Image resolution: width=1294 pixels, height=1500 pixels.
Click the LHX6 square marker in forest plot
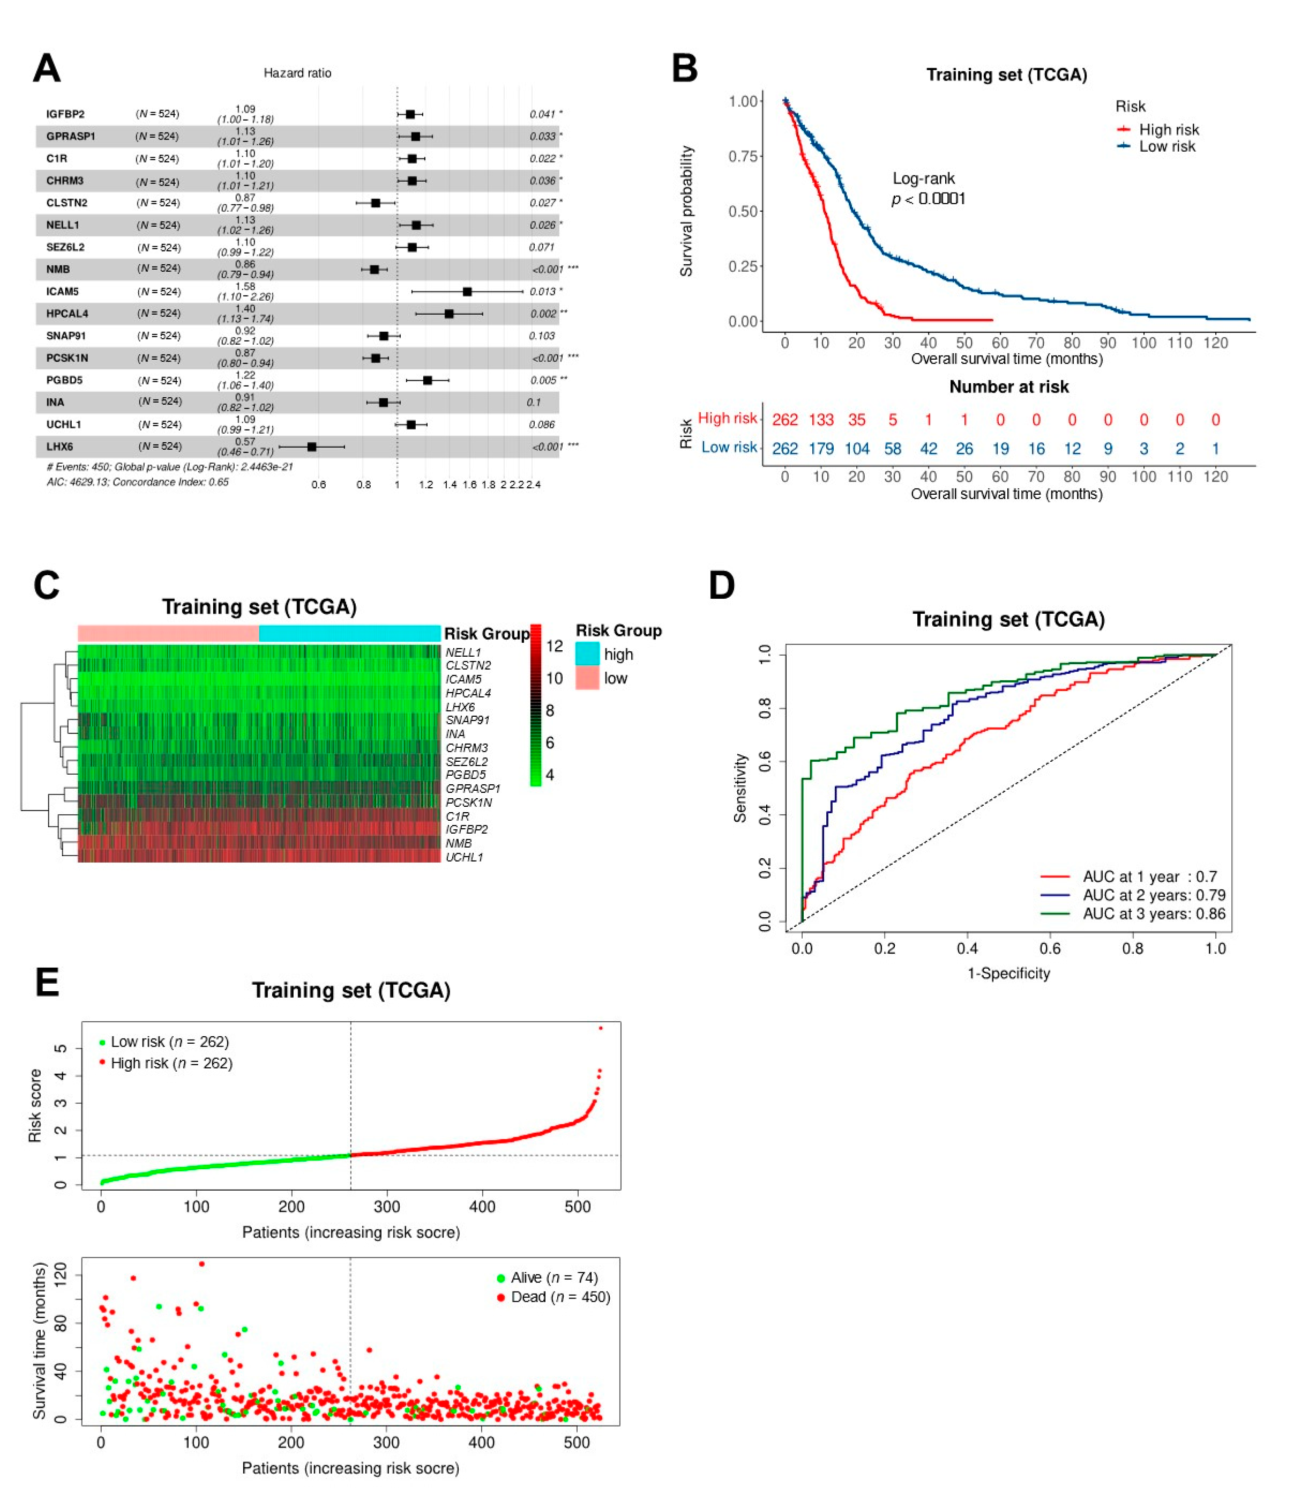[312, 447]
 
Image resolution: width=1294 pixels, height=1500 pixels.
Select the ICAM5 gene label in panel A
[62, 292]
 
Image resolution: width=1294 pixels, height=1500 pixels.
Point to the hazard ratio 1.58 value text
[245, 287]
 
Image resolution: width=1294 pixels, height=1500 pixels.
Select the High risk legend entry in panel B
[1168, 130]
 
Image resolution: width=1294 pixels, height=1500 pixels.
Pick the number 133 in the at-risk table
[821, 420]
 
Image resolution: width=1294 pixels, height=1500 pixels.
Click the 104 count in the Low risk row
[856, 449]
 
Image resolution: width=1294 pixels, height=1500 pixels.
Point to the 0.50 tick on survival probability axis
[743, 211]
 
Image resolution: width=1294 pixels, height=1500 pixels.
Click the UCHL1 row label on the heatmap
[464, 857]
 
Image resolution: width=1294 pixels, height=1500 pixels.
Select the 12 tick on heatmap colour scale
[555, 647]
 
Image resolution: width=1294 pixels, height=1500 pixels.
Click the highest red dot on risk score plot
[600, 1028]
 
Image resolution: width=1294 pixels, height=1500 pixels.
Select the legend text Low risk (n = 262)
[169, 1042]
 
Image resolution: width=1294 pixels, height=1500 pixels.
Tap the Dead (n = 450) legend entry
[560, 1297]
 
